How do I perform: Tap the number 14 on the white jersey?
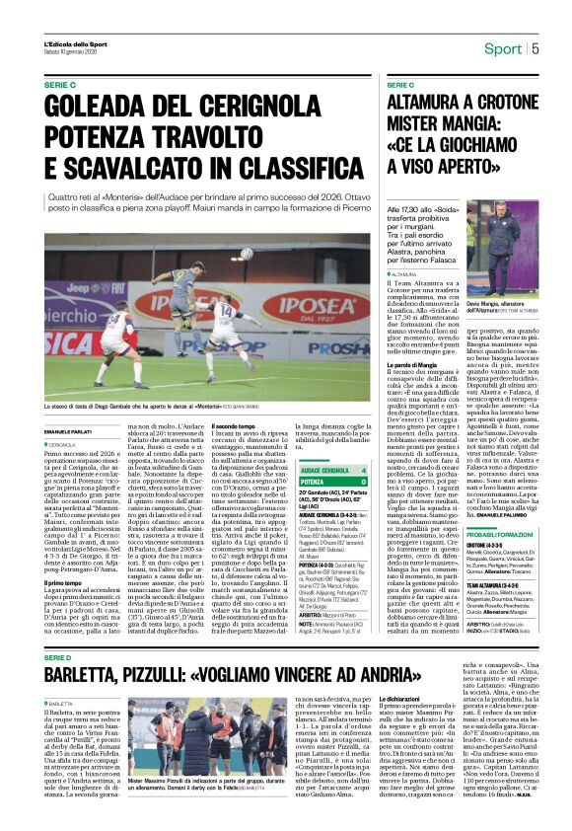click(x=225, y=313)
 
